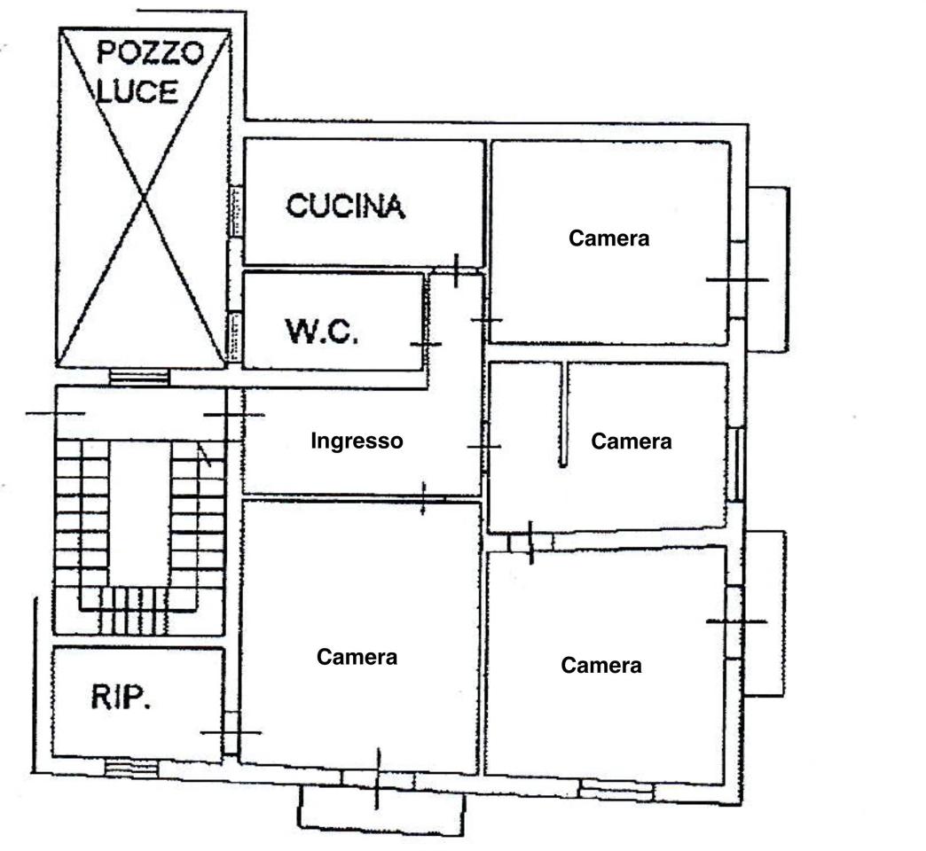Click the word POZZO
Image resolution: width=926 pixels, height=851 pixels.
tap(150, 53)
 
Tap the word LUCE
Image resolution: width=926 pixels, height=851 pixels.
tap(137, 92)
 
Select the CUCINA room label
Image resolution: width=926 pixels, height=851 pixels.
tap(346, 206)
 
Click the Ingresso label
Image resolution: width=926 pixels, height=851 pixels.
tap(357, 441)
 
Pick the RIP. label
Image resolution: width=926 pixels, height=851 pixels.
tap(121, 697)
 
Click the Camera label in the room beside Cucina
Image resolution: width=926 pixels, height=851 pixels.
tap(608, 238)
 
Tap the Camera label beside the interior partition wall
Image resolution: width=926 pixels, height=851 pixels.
tap(632, 441)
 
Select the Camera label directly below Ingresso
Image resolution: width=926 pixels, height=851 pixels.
tap(357, 657)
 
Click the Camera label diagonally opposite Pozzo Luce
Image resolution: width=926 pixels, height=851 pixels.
tap(601, 665)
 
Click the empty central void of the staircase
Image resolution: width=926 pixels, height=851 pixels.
tap(140, 513)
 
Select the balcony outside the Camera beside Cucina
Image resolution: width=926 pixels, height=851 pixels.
tap(768, 269)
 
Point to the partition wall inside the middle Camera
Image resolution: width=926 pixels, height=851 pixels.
tap(564, 414)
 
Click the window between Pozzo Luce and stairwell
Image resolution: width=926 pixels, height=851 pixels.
tap(139, 377)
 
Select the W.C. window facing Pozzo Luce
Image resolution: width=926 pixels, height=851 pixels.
tap(234, 336)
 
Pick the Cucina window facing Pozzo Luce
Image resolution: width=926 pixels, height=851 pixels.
tap(234, 211)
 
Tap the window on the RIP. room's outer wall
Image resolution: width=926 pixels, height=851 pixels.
tap(131, 767)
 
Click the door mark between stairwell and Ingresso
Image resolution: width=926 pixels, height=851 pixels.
tap(234, 415)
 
